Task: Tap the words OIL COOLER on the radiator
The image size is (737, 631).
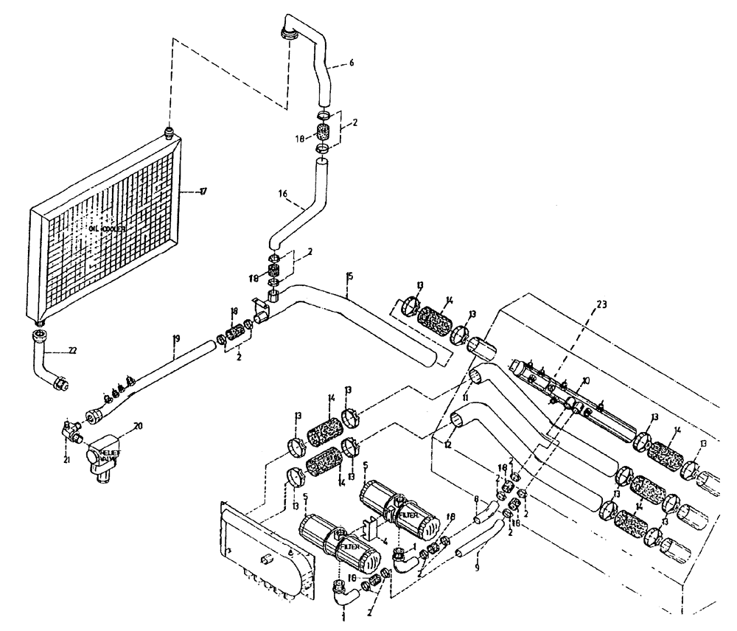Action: tap(108, 229)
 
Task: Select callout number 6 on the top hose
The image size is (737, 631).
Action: tap(351, 63)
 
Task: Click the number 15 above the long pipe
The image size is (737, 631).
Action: tap(349, 276)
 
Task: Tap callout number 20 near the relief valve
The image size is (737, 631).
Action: tap(137, 425)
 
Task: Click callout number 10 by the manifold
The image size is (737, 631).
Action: tap(586, 380)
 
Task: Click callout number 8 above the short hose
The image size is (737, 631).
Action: tap(476, 499)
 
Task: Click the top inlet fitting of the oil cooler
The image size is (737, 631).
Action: tap(169, 133)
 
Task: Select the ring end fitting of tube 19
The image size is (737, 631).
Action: tap(94, 417)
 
